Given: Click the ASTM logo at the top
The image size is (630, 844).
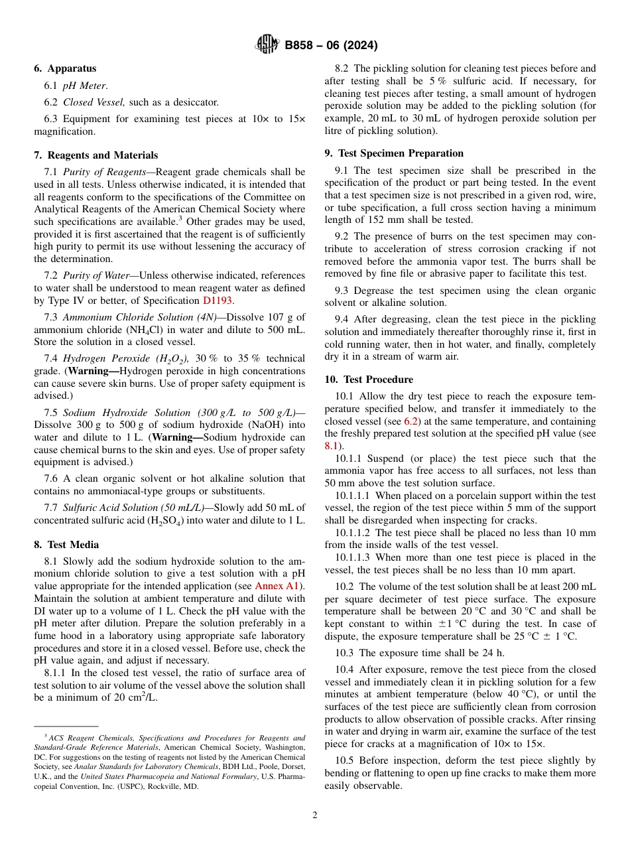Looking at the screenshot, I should pyautogui.click(x=268, y=45).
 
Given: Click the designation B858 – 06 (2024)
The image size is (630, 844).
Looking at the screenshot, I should pyautogui.click(x=331, y=46).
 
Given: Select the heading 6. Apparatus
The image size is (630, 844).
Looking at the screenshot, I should pyautogui.click(x=65, y=68).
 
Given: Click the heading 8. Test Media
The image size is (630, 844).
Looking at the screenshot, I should pyautogui.click(x=66, y=545).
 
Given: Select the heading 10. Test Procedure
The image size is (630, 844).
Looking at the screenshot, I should pyautogui.click(x=369, y=380).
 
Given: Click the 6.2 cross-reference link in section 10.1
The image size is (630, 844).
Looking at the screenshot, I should pyautogui.click(x=411, y=421).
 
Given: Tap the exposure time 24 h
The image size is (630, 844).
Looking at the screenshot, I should pyautogui.click(x=492, y=652).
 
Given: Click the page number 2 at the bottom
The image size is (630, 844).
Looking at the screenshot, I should pyautogui.click(x=315, y=815).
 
